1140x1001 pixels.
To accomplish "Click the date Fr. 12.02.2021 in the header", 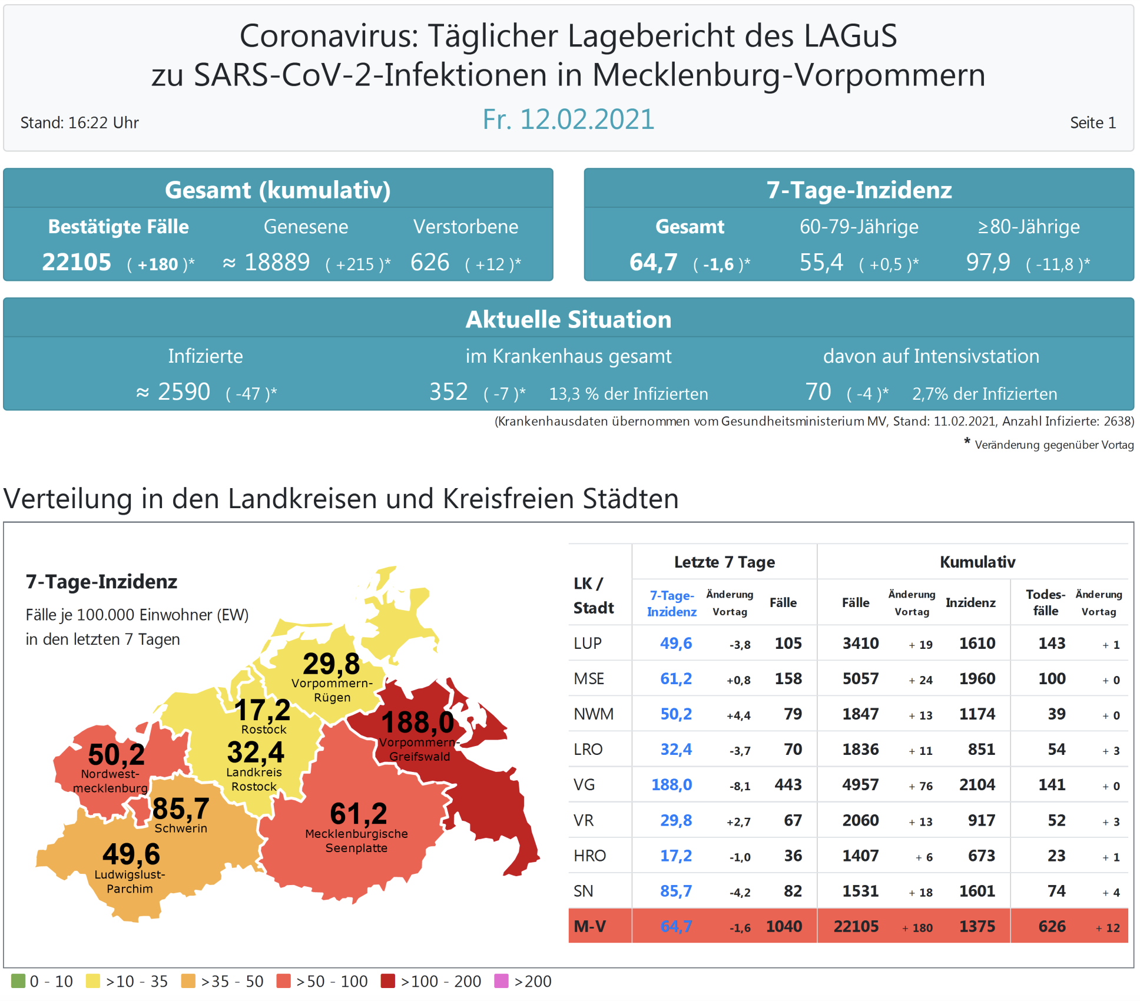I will coord(568,120).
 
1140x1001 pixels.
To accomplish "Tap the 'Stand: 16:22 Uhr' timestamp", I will coord(79,122).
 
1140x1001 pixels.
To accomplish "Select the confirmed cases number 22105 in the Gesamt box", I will coord(77,263).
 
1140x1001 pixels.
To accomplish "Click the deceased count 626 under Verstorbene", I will coord(430,263).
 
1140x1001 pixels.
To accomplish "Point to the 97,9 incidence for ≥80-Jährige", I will coord(988,263).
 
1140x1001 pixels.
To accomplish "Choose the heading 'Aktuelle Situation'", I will coord(568,319).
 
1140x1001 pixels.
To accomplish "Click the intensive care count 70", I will coord(818,392).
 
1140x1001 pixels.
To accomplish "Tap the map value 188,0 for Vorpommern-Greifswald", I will coord(417,722).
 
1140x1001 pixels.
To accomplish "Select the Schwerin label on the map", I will coord(181,828).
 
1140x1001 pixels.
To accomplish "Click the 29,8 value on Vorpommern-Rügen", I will coord(331,664).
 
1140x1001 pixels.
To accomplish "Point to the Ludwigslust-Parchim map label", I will coord(130,881).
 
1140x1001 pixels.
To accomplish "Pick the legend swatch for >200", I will coord(501,981).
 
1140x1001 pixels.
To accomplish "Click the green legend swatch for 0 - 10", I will coord(18,981).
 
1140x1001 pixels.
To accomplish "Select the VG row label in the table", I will coord(584,785).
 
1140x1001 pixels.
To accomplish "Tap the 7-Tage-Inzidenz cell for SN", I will coord(675,891).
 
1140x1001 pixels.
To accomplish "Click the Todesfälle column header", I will coord(1045,603).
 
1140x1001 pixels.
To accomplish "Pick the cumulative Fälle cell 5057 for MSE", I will coord(860,679).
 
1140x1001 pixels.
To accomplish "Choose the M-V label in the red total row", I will coord(589,927).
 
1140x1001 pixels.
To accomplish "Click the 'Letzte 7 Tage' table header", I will coord(724,562).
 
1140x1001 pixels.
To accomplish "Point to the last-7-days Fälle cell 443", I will coord(788,785).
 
